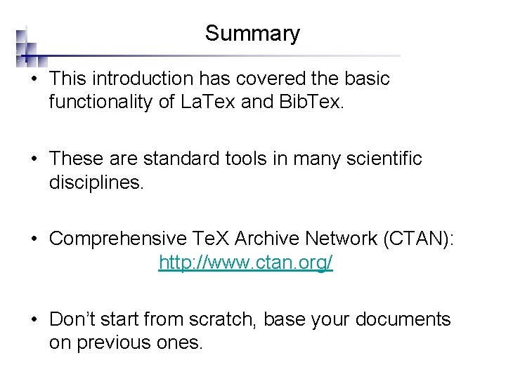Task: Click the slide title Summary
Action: click(252, 34)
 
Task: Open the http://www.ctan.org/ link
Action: click(246, 262)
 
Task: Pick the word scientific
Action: click(385, 159)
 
